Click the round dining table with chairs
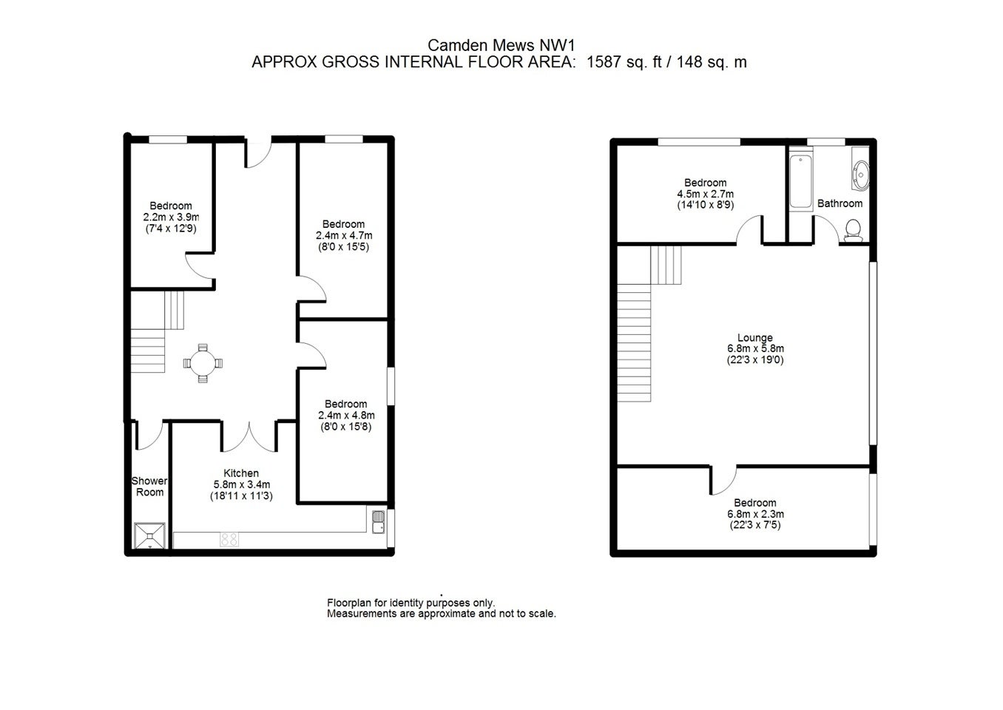pos(203,363)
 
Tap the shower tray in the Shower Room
pos(149,535)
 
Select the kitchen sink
pos(378,522)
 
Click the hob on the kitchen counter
pos(229,539)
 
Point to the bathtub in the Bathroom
pos(800,181)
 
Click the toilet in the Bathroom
pos(853,231)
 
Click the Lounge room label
pos(755,337)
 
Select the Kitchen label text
pos(241,473)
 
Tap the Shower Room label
pos(149,487)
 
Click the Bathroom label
pos(840,203)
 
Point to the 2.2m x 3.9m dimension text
pos(171,217)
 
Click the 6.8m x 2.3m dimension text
pos(755,514)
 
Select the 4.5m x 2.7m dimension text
pos(705,195)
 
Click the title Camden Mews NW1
pos(501,45)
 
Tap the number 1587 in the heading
pos(604,62)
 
